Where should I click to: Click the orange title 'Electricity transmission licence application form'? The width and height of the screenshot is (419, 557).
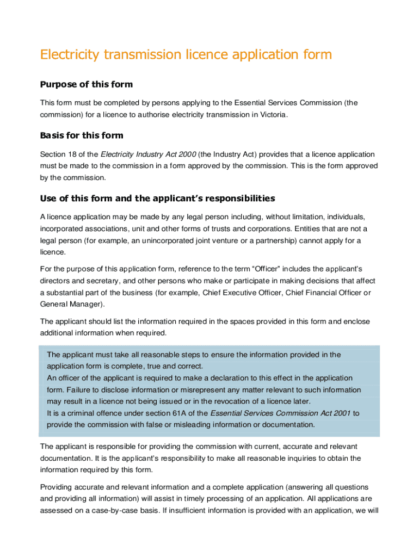(186, 55)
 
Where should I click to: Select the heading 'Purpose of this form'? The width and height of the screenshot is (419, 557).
(87, 84)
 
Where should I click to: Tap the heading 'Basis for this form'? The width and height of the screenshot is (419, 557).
(82, 135)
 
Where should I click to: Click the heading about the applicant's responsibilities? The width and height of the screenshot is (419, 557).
(158, 198)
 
